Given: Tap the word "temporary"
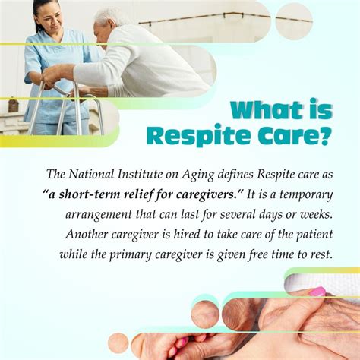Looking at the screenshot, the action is point(306,195).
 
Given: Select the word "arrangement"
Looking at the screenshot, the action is point(99,215).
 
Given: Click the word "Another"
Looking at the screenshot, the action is point(87,234).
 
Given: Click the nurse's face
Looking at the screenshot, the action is point(51,20).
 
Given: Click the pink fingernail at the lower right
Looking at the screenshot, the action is point(317,292).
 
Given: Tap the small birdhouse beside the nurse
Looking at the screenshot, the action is point(13,105).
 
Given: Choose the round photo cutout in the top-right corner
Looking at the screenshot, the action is point(294,21).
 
